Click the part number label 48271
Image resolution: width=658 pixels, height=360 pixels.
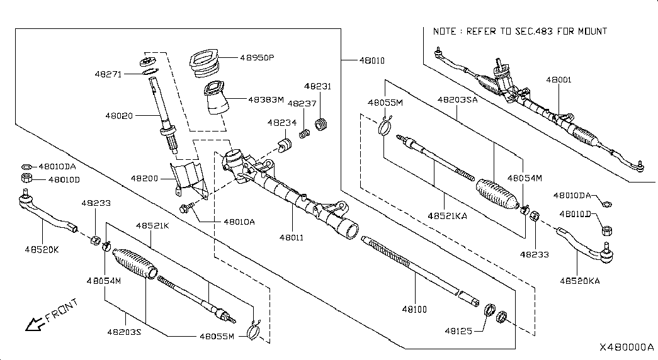coord(108,74)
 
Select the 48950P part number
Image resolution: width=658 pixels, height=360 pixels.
coord(257,57)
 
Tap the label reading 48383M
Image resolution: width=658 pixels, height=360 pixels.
coord(265,99)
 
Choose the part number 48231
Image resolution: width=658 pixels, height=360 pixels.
coord(317,86)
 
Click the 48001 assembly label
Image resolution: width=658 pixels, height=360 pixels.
coord(559,81)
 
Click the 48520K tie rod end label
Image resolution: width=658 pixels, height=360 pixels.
coord(42,249)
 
